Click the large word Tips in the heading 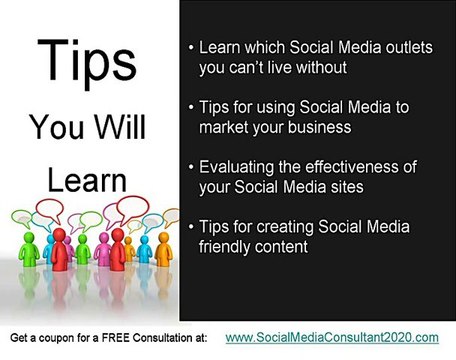[87, 62]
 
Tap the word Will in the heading [120, 127]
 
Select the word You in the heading [56, 127]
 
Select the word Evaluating [236, 168]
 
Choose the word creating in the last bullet [285, 228]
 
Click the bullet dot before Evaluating [191, 167]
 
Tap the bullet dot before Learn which [191, 47]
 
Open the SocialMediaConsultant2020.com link [332, 338]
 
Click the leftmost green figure [29, 249]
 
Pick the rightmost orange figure [164, 249]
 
